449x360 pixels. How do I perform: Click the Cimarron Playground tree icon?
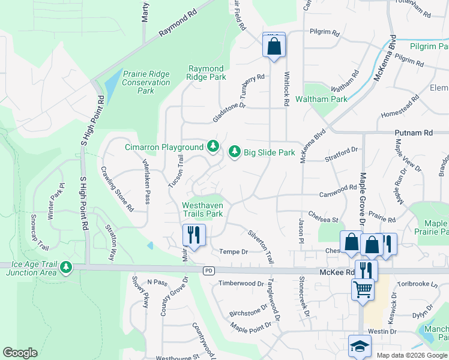point(212,146)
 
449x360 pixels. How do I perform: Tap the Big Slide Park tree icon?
point(235,152)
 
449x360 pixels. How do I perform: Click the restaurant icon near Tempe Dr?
point(193,234)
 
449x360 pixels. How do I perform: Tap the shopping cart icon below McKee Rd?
point(363,289)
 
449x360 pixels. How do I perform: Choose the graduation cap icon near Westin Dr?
point(360,346)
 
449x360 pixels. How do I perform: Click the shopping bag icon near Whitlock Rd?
point(273,46)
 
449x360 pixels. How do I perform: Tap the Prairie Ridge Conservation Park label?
point(146,82)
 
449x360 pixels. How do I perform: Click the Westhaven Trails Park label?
point(202,209)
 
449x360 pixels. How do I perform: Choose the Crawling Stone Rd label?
point(117,188)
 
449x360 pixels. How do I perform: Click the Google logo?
point(20,353)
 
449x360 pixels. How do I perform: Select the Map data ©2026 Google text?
point(411,355)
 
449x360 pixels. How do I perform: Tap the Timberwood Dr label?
point(241,283)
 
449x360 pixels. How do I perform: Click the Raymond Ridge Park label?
point(206,73)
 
